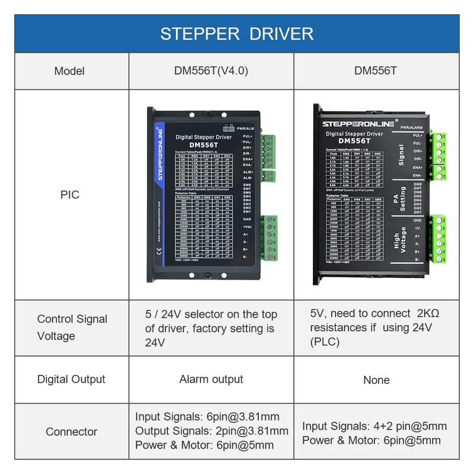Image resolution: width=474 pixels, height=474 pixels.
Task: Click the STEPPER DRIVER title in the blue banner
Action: [x=236, y=33]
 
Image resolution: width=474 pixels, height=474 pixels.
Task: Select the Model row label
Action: [x=69, y=71]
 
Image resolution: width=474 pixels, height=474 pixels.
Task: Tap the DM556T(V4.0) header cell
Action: [x=211, y=71]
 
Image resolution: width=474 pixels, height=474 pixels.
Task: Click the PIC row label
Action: [x=69, y=194]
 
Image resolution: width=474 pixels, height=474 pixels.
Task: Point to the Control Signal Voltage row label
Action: [x=72, y=327]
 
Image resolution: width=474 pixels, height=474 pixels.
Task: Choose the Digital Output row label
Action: [x=71, y=379]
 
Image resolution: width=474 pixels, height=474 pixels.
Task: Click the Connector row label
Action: [x=71, y=431]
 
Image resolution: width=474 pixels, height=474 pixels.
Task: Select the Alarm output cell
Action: [x=211, y=379]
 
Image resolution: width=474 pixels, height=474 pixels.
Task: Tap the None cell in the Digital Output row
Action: [x=376, y=380]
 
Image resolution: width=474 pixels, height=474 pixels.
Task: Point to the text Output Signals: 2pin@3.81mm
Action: [x=212, y=431]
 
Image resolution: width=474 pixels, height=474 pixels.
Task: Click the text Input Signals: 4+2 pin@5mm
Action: [x=374, y=426]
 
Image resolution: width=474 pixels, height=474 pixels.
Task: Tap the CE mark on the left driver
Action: [x=159, y=251]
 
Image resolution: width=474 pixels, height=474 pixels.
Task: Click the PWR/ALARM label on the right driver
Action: [x=411, y=127]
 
